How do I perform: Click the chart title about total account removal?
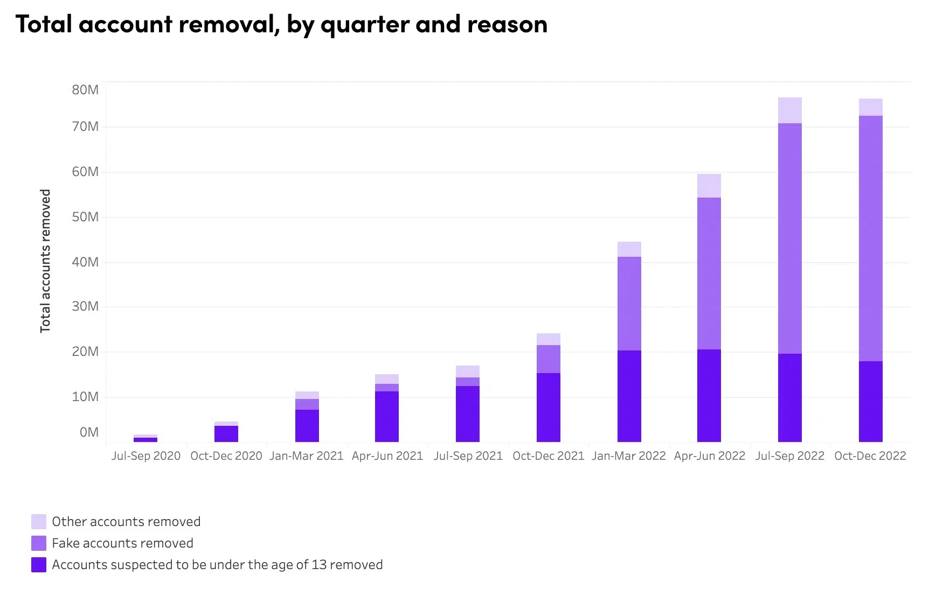(281, 24)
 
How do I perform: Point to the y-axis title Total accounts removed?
(45, 261)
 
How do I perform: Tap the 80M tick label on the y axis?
(85, 90)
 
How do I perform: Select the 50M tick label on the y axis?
(85, 217)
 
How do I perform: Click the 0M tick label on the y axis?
(89, 432)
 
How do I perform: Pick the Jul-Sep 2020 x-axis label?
(145, 456)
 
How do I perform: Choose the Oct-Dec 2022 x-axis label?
(870, 456)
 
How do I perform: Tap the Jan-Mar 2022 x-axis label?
(628, 456)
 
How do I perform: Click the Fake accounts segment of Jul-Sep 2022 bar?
(789, 239)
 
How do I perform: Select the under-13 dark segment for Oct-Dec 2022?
(870, 401)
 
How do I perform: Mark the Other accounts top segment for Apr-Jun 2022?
(709, 186)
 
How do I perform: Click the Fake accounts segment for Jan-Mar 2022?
(629, 304)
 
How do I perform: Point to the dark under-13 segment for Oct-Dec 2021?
(548, 407)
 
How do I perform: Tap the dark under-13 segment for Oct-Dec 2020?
(226, 433)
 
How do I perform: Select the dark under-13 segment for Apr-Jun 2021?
(386, 416)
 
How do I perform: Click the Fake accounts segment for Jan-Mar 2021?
(307, 404)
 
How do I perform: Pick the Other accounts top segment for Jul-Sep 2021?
(467, 371)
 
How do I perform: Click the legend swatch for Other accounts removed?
(39, 522)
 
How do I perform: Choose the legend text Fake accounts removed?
(122, 543)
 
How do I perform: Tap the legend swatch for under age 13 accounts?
(39, 565)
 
